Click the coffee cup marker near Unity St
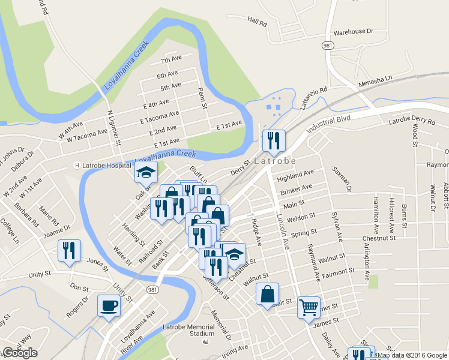[109, 305]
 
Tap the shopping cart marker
[309, 307]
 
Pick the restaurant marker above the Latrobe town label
[273, 140]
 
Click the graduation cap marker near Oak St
[146, 172]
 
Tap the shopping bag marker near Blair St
[267, 295]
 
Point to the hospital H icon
[77, 165]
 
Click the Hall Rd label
[256, 21]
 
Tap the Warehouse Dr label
[354, 31]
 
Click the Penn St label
[203, 97]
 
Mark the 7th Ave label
[171, 61]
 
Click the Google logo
[19, 353]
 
